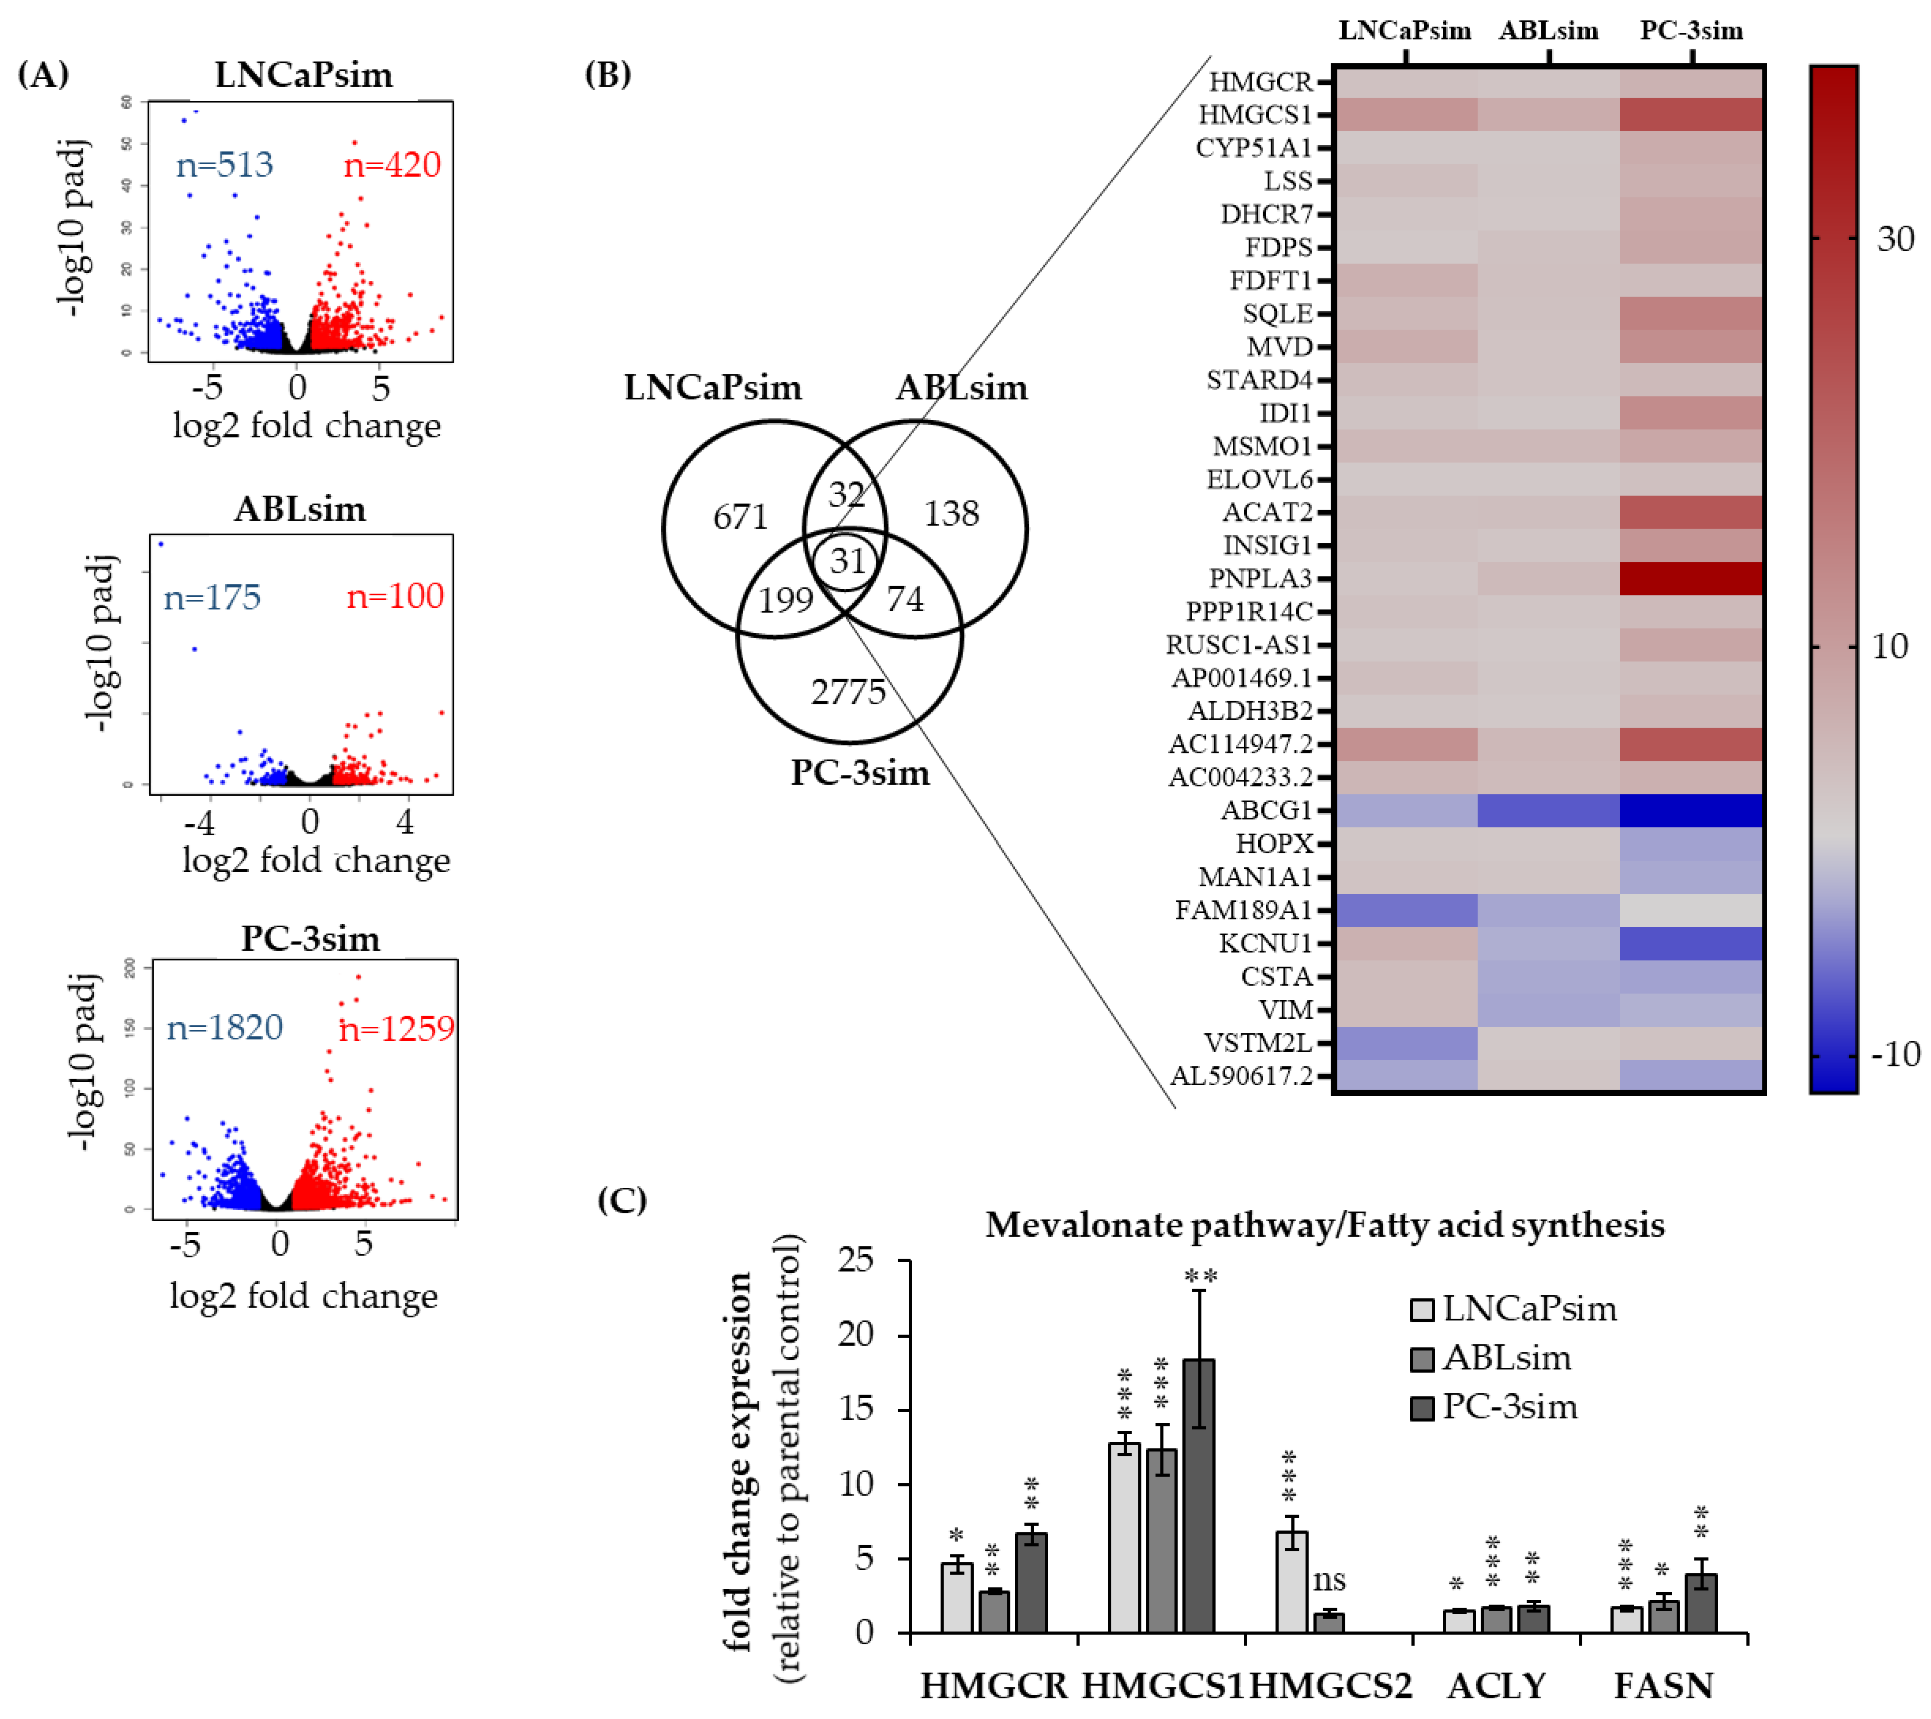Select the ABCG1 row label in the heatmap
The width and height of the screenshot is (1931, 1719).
tap(1266, 810)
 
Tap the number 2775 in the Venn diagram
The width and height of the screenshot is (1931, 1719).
tap(848, 692)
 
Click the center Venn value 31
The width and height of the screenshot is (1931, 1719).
tap(848, 561)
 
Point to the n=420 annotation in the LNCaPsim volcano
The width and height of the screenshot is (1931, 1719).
tap(392, 165)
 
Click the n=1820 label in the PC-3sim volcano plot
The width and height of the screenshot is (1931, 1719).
tap(225, 1028)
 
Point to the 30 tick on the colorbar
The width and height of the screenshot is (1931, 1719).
tap(1894, 239)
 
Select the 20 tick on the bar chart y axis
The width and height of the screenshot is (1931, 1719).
tap(855, 1335)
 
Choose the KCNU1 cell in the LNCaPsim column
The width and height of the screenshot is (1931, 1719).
tap(1406, 944)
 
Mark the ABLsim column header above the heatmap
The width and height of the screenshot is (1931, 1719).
tap(1548, 31)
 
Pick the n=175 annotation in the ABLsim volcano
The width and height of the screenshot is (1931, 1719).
tap(212, 598)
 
